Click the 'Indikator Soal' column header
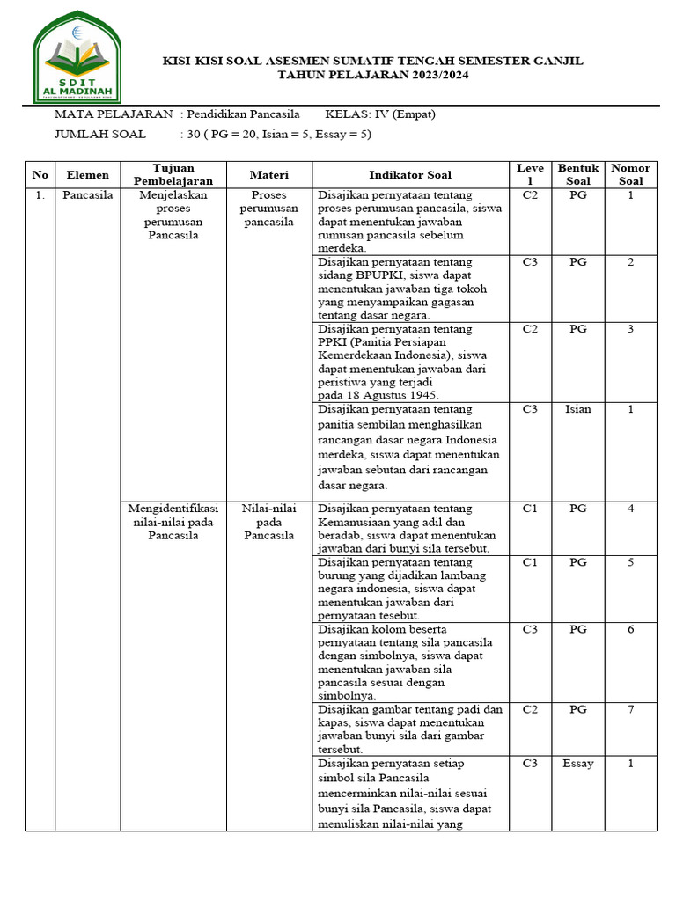coord(410,174)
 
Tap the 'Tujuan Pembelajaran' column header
coord(173,174)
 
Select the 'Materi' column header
coord(268,174)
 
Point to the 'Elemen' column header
coord(87,174)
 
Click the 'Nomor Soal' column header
coord(630,174)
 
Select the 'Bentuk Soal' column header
coord(577,174)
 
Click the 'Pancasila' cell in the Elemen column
coord(87,195)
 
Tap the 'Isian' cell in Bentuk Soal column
coord(577,409)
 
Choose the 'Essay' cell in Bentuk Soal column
coord(577,764)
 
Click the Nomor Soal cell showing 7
coord(630,710)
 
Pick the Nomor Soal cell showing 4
coord(630,509)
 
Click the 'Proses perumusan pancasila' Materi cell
coord(268,209)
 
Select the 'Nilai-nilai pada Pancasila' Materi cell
coord(268,522)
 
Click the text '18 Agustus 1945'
coord(396,396)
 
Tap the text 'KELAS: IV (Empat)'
coord(380,114)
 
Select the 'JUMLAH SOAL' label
coord(100,135)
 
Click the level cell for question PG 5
coord(529,561)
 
